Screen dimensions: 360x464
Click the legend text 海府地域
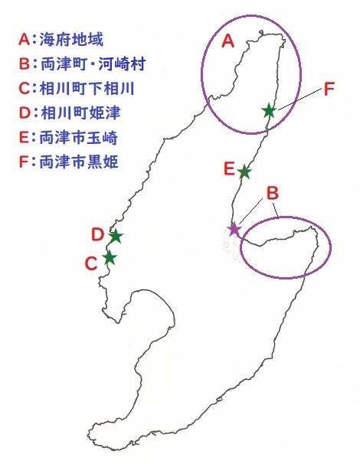coord(71,39)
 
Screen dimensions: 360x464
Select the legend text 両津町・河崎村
coord(93,64)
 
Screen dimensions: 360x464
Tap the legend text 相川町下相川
coord(87,88)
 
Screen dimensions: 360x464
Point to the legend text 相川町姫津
coord(80,113)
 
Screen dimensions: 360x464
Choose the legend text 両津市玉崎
coord(78,138)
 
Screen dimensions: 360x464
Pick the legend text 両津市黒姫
coord(78,162)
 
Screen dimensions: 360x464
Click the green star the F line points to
coord(269,111)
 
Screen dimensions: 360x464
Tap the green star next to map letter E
coord(244,172)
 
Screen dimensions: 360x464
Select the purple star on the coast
coord(234,228)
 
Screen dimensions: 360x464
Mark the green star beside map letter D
coord(116,236)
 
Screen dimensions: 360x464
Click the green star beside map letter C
coord(110,257)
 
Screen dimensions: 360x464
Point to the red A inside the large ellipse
coord(228,41)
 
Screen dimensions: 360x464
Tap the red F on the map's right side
coord(329,88)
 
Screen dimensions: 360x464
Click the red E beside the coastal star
coord(229,169)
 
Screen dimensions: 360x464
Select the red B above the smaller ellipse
coord(273,193)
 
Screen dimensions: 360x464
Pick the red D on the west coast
coord(97,234)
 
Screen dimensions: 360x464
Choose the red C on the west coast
coord(91,263)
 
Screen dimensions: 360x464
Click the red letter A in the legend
coord(25,40)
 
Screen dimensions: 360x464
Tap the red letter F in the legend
coord(24,162)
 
